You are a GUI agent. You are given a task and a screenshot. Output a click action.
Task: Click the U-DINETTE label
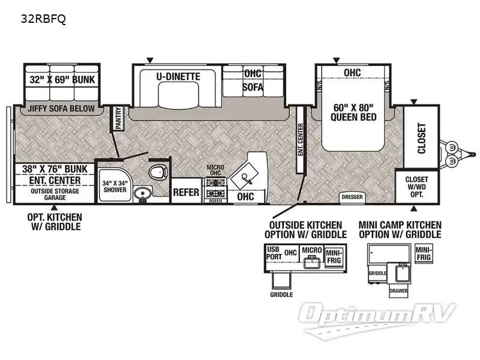pyautogui.click(x=178, y=77)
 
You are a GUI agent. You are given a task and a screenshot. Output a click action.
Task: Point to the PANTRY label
pyautogui.click(x=118, y=119)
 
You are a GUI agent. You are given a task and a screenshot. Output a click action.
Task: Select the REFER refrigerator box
pyautogui.click(x=186, y=193)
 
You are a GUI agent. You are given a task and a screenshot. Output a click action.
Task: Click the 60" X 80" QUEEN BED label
pyautogui.click(x=353, y=112)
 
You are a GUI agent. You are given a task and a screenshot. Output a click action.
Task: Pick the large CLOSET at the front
pyautogui.click(x=421, y=137)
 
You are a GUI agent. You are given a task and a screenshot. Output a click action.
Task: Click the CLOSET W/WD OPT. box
pyautogui.click(x=416, y=187)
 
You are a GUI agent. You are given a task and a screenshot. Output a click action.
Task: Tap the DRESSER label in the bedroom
pyautogui.click(x=352, y=196)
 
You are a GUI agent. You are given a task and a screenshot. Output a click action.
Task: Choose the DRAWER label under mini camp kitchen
pyautogui.click(x=398, y=290)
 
